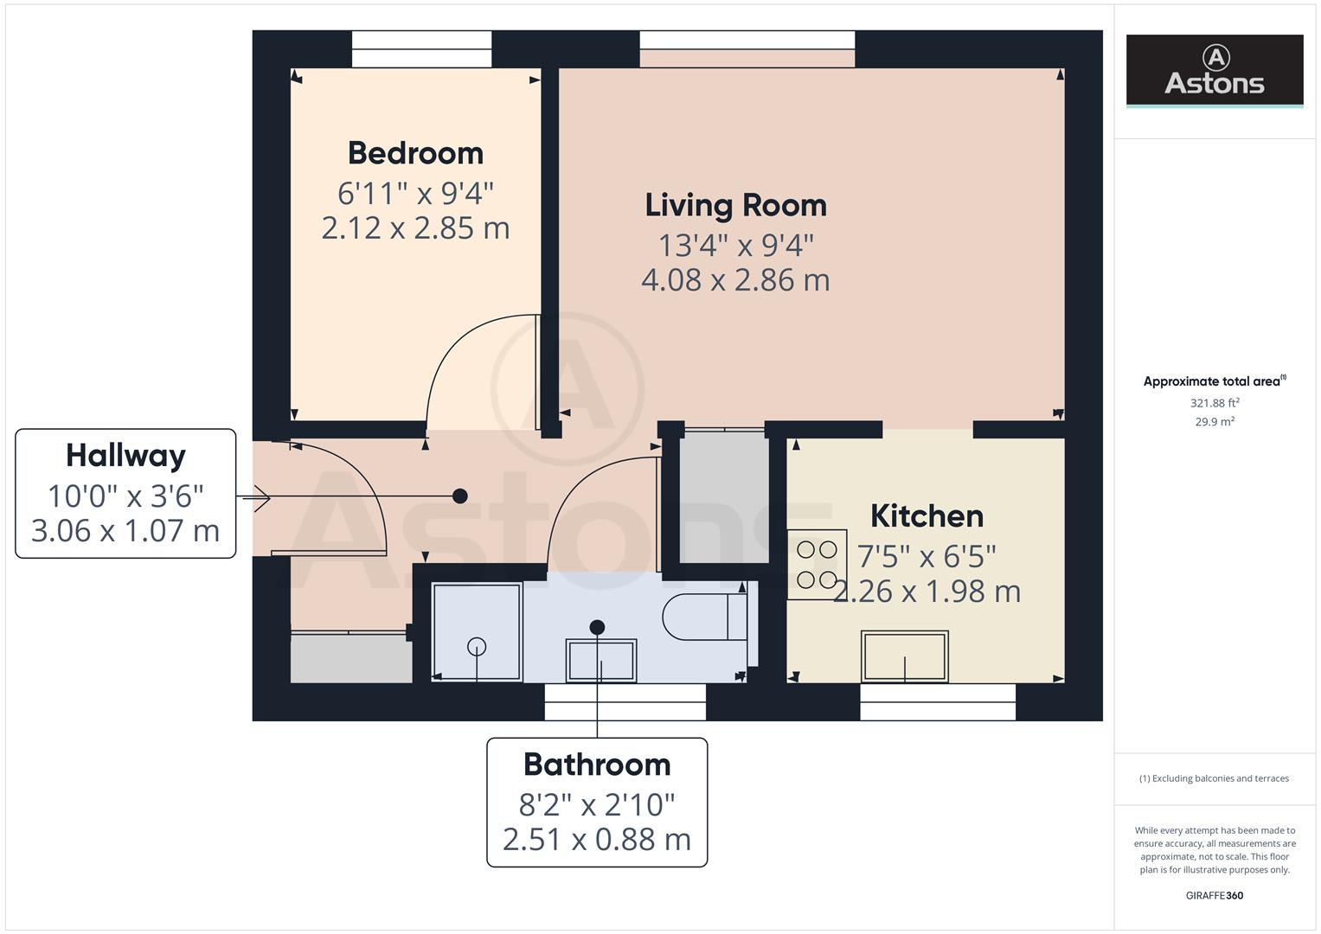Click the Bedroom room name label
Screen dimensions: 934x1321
pos(415,153)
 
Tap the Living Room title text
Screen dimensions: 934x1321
pos(735,205)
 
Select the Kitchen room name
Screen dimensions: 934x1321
pos(927,516)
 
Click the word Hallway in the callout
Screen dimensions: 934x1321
pos(125,456)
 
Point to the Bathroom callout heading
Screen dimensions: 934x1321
pos(597,764)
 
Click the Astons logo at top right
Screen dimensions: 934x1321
pos(1214,70)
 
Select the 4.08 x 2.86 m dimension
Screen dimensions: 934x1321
pos(735,280)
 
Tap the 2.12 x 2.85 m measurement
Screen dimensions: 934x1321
pos(415,228)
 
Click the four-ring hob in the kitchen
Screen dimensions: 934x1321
pos(817,565)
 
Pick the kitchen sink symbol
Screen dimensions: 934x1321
pos(904,656)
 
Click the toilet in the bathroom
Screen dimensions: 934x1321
pos(704,617)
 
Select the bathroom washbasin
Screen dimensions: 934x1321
pos(601,661)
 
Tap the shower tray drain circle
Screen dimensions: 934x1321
pos(477,646)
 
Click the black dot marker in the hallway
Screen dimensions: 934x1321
pos(460,496)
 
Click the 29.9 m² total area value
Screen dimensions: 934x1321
pos(1214,422)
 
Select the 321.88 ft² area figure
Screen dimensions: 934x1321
pos(1214,403)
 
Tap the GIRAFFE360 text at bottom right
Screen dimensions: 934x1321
pos(1214,895)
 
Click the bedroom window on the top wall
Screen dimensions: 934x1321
pos(421,49)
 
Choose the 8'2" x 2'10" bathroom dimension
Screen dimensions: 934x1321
pos(597,805)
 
